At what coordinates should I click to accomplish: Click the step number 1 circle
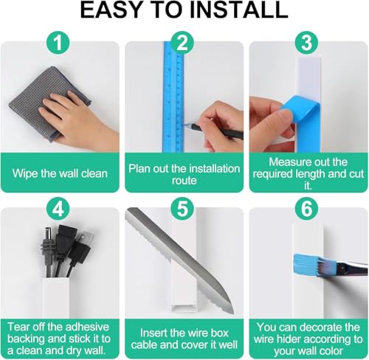point(58,42)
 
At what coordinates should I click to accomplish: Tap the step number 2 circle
point(182,42)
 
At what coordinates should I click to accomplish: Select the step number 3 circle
point(307,42)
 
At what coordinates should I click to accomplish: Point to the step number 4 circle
point(58,209)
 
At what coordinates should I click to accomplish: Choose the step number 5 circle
point(182,209)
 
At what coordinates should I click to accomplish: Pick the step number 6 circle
point(307,209)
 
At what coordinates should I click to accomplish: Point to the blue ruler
point(173,98)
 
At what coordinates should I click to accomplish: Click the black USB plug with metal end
point(81,249)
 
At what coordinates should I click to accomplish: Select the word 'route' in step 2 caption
point(184,181)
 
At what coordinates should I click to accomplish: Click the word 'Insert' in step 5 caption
point(154,333)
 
